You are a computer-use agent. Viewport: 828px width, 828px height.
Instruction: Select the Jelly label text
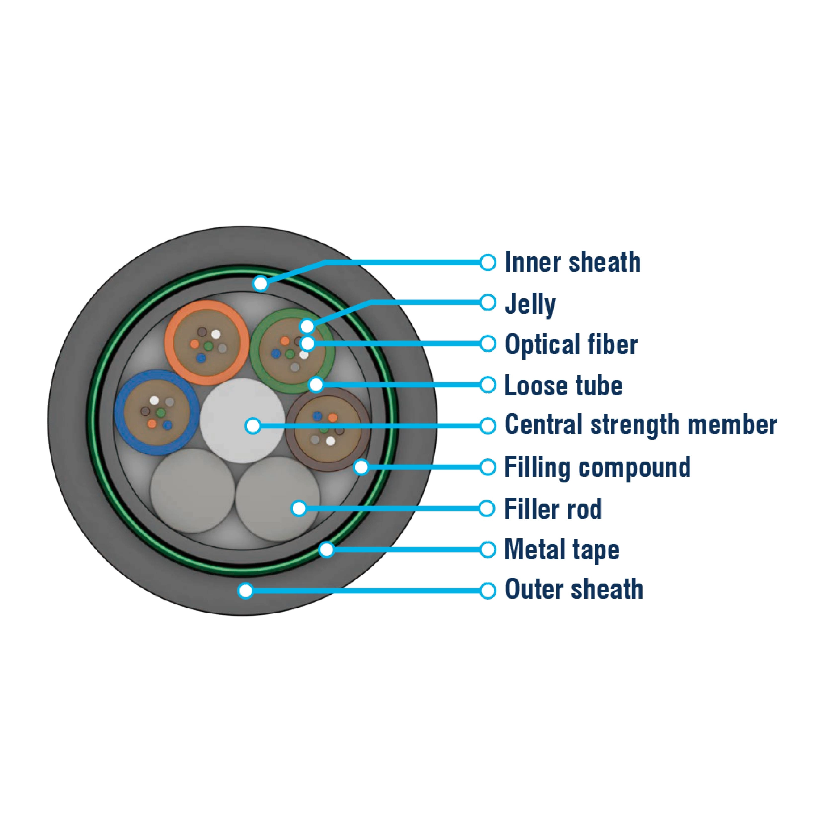[x=530, y=304]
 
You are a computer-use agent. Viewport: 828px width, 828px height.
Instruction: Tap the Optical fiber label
[x=571, y=344]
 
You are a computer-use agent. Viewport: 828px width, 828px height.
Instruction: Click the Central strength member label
[x=640, y=426]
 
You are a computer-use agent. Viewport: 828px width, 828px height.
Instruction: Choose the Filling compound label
[x=597, y=467]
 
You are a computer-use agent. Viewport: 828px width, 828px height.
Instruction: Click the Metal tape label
[x=561, y=550]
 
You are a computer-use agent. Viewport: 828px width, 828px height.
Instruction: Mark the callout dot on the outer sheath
[x=246, y=591]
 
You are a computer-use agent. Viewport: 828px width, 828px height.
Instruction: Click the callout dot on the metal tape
[x=327, y=550]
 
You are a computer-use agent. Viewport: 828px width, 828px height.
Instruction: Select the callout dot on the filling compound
[x=361, y=467]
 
